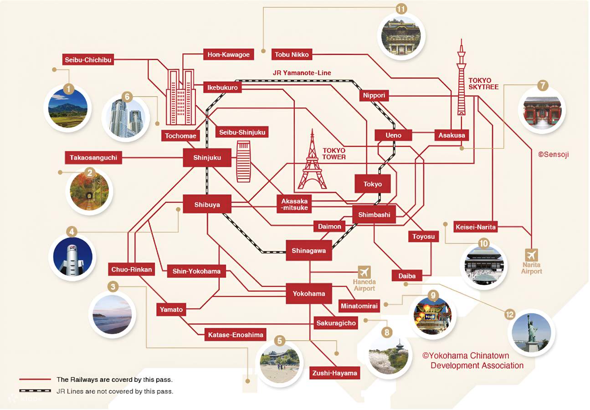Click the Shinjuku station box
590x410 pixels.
(207, 158)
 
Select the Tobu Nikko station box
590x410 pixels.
(292, 55)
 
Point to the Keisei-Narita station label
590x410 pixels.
(476, 226)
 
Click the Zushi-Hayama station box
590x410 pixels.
(334, 373)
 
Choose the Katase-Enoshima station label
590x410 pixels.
(236, 335)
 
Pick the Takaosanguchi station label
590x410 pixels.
(93, 158)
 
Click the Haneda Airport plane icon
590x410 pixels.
(364, 272)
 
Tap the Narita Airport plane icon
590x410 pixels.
(531, 255)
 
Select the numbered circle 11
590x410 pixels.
(401, 9)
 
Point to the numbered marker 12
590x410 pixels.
(509, 314)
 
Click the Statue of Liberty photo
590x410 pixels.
(531, 333)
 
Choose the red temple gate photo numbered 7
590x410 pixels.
(542, 111)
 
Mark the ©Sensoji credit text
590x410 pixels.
(553, 154)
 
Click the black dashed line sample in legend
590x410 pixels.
(35, 391)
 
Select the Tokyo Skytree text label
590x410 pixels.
(483, 83)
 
